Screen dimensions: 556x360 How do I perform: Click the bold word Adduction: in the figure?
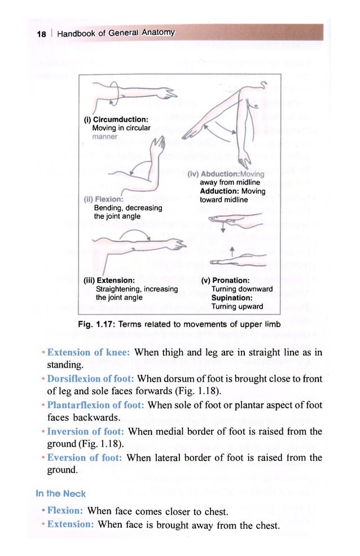pos(219,191)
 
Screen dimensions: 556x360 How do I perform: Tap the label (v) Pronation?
pos(226,280)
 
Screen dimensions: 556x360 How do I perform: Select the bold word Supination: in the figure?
pos(231,298)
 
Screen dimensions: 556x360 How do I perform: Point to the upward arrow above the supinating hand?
pos(232,250)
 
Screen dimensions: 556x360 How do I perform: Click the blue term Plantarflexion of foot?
pos(96,405)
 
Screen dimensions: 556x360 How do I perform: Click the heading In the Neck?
pos(61,493)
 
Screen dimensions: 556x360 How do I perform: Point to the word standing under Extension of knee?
pos(65,365)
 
